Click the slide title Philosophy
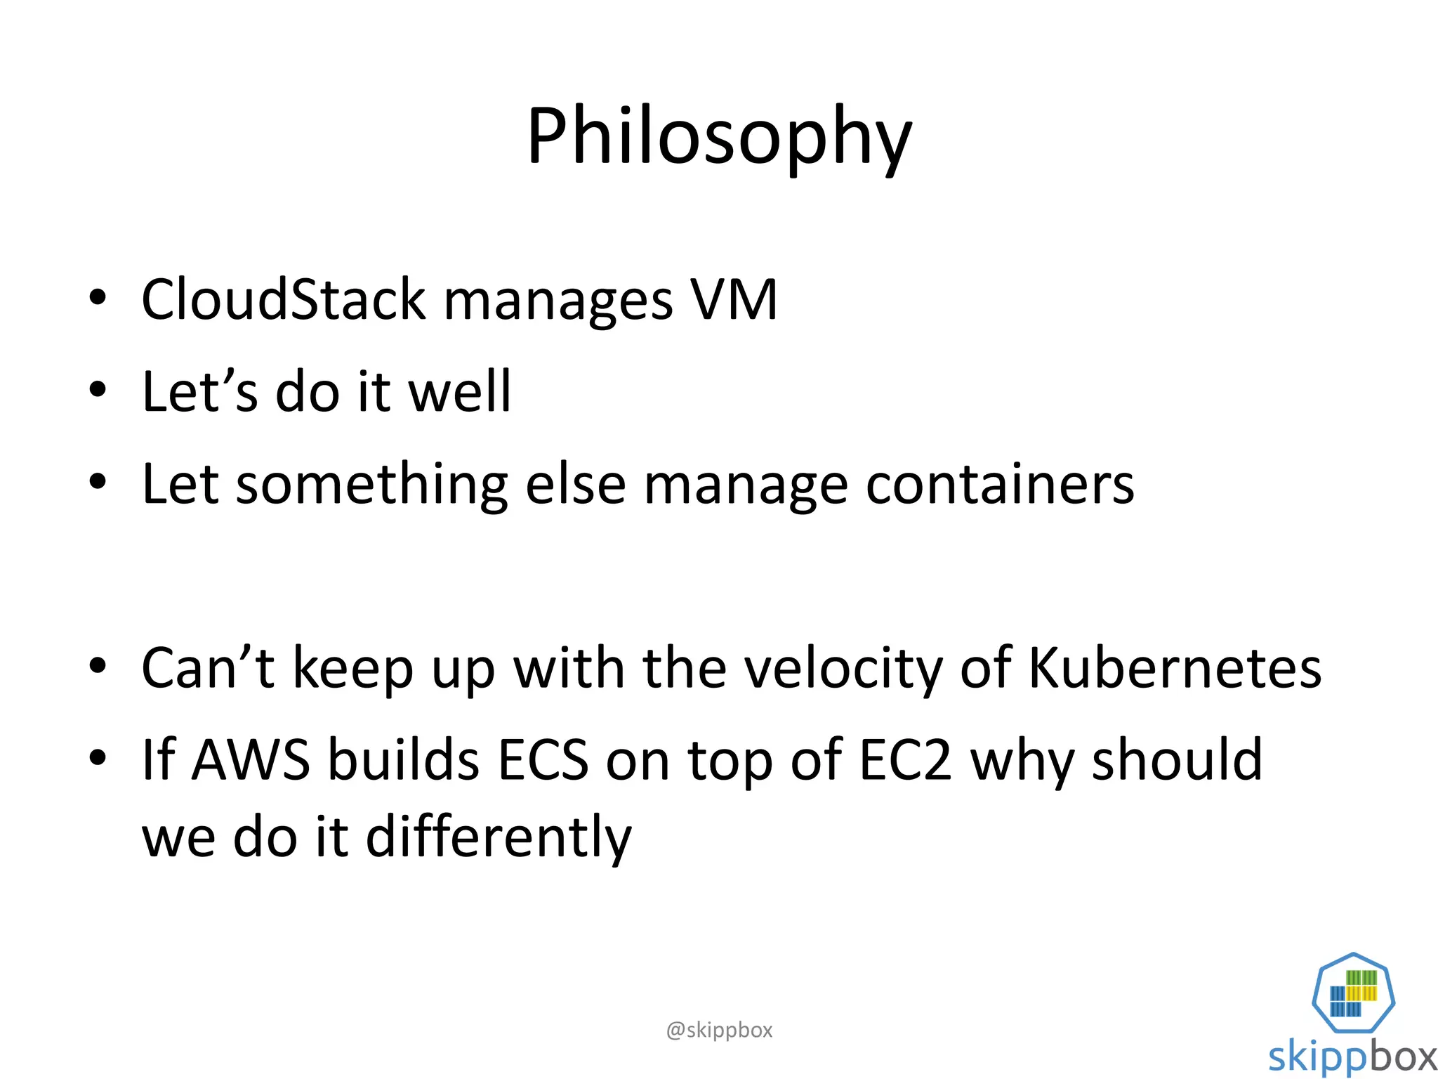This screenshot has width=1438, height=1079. (x=719, y=137)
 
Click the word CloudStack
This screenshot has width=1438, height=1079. (x=284, y=300)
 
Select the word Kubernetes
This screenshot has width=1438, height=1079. (x=1175, y=668)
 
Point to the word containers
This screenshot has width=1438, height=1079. (x=1000, y=484)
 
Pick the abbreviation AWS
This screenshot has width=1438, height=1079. (x=251, y=760)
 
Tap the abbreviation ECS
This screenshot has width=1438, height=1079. (x=543, y=760)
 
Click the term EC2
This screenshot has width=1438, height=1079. (x=906, y=760)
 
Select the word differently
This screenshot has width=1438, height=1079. (x=499, y=837)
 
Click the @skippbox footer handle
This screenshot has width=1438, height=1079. (x=719, y=1030)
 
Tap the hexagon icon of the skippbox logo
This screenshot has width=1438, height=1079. (x=1353, y=992)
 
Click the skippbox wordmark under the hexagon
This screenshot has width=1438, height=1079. (x=1352, y=1057)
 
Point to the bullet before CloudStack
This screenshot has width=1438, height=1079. (x=98, y=298)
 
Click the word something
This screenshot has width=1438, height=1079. (x=371, y=484)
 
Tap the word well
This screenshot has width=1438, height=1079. (x=460, y=392)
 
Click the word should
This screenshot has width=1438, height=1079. (x=1177, y=760)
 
